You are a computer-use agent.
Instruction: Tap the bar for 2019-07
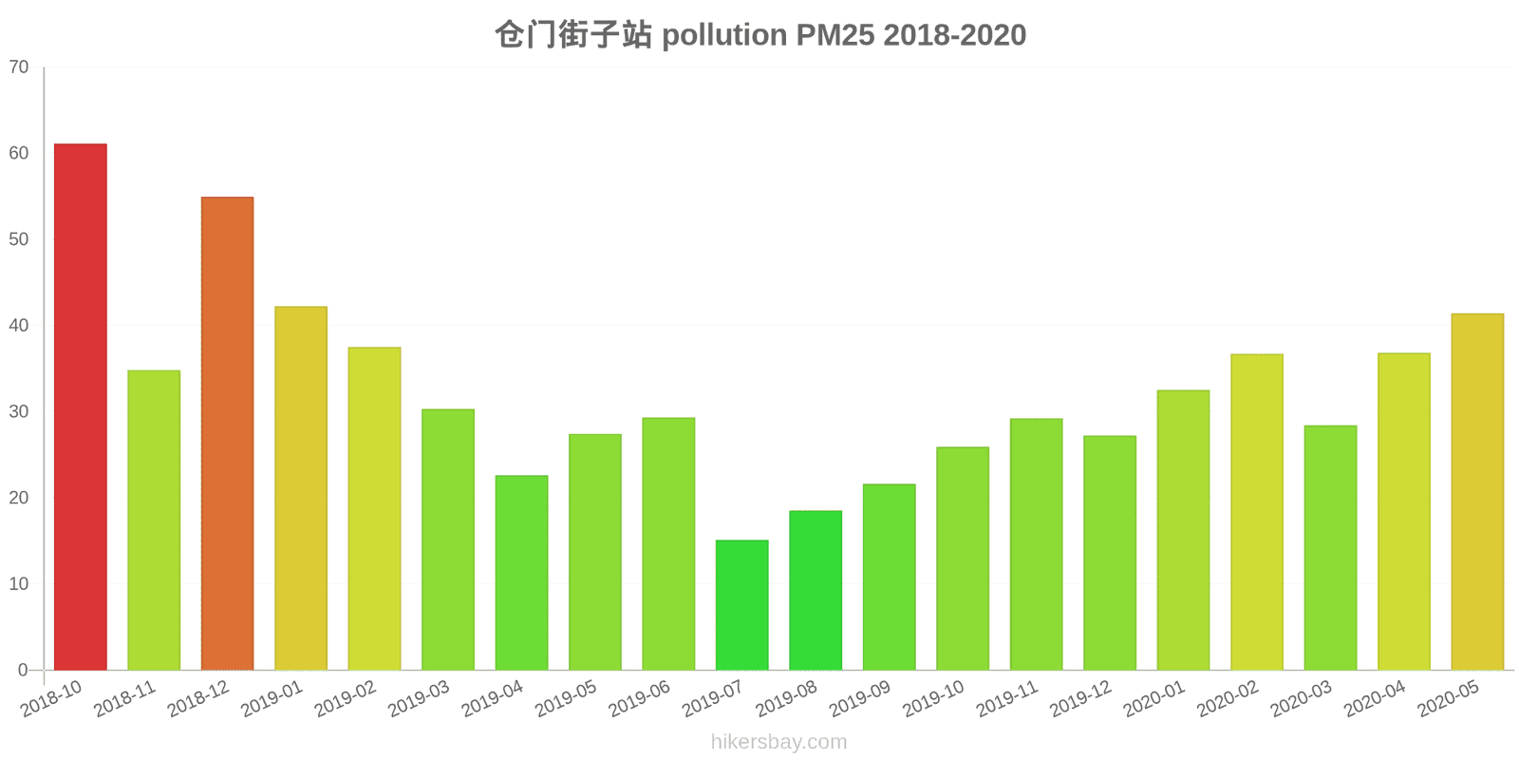point(742,605)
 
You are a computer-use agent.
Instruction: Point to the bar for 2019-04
point(521,573)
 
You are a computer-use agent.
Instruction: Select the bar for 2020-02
point(1257,512)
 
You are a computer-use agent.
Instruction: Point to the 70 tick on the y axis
point(19,67)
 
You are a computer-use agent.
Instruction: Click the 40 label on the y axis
point(19,326)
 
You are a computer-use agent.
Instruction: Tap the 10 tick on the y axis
point(19,584)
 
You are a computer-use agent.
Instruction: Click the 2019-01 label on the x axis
point(272,699)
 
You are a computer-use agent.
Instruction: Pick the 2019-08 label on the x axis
point(787,699)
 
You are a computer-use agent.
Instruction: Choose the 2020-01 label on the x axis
point(1154,699)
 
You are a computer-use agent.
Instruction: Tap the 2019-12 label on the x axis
point(1081,699)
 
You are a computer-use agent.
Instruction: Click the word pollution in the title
point(724,35)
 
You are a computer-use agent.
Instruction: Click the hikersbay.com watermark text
point(778,742)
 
